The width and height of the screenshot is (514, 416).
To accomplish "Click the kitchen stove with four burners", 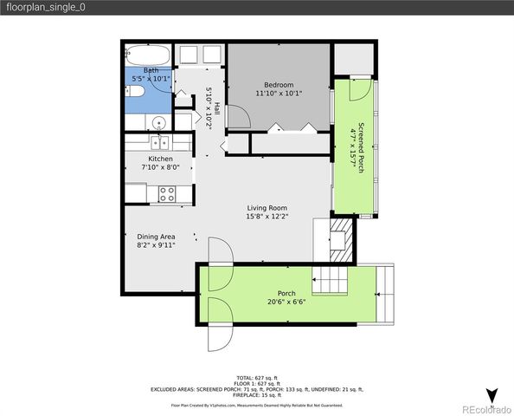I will coord(166,193).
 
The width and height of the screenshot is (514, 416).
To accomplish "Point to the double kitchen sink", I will coord(159,144).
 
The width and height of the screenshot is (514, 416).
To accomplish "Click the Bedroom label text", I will coord(278,84).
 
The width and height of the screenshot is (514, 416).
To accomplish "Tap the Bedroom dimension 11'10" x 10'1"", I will coord(278,93).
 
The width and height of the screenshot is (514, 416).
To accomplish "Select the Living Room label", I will coord(267,207).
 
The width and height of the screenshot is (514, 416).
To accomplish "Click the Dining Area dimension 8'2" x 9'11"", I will coord(157,245).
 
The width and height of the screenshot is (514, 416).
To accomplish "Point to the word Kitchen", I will coord(160,159).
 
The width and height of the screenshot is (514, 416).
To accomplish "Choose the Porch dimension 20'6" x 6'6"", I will coord(286,302).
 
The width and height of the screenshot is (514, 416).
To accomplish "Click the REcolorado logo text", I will coord(486,409).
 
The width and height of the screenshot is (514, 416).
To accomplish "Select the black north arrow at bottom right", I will coord(492,395).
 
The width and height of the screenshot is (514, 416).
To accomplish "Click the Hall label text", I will coord(217,110).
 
